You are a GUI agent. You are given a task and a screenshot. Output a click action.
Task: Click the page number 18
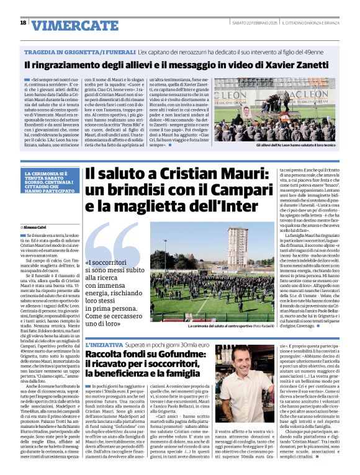[23, 22]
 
